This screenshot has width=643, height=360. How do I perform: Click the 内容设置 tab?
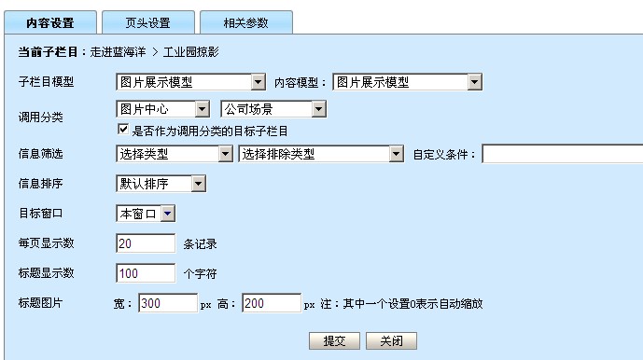(x=50, y=22)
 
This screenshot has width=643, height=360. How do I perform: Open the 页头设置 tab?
(x=148, y=22)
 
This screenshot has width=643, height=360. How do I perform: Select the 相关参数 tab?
(x=246, y=22)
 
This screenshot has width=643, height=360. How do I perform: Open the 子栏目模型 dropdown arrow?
(x=258, y=82)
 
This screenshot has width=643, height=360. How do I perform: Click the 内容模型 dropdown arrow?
(x=474, y=82)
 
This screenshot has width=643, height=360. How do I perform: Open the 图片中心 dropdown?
(x=162, y=109)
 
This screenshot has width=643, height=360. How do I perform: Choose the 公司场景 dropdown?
(x=273, y=109)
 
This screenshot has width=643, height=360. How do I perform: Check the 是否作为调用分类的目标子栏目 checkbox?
(x=123, y=130)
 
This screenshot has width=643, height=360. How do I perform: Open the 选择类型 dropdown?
(x=175, y=154)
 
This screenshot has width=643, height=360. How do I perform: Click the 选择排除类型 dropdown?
(x=321, y=154)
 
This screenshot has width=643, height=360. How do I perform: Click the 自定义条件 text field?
(x=563, y=154)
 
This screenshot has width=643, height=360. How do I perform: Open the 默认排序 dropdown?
(x=161, y=184)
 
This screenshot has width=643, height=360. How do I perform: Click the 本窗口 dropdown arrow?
(x=168, y=214)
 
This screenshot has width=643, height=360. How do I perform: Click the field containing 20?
(x=146, y=243)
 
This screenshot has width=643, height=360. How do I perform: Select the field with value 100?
(x=146, y=273)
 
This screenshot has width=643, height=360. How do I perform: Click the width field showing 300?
(x=168, y=303)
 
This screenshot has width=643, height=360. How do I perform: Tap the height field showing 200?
(x=272, y=303)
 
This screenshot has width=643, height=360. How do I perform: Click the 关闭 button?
(x=391, y=340)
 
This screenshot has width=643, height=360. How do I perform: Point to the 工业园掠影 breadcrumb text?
(x=191, y=52)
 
